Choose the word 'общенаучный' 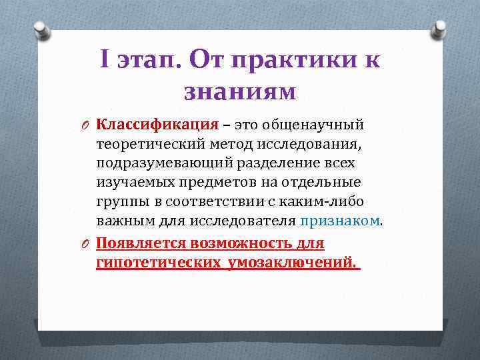313,124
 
